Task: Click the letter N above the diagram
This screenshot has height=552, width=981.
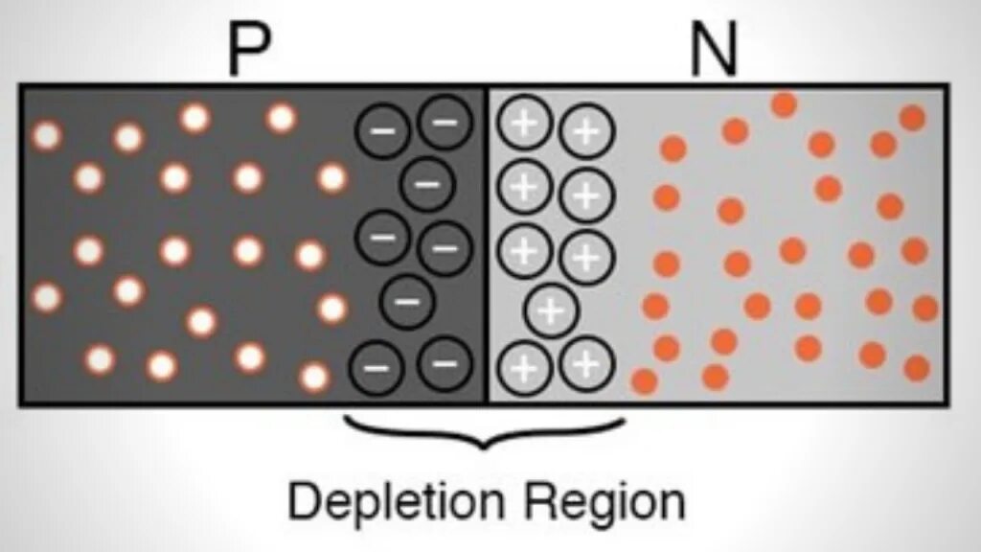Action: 714,54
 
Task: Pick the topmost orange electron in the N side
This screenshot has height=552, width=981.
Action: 784,104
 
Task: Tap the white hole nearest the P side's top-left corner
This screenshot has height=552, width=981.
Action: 45,135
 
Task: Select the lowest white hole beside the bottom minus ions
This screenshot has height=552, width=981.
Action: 314,377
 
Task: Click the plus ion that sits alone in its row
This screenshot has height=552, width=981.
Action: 550,310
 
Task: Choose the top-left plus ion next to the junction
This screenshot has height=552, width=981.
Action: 523,124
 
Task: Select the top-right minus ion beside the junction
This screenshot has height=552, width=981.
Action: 445,122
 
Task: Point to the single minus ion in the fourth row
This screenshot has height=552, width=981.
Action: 407,302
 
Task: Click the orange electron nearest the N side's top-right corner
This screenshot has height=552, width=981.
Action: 912,118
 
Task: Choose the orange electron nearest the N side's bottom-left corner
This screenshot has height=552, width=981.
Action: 645,381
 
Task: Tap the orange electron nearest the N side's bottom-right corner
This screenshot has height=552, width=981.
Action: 917,368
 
